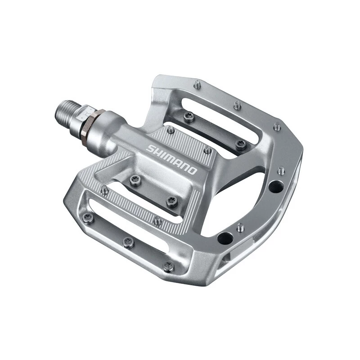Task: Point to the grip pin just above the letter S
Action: (171, 130)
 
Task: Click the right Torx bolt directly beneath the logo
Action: (171, 201)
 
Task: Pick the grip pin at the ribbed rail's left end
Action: (105, 190)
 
